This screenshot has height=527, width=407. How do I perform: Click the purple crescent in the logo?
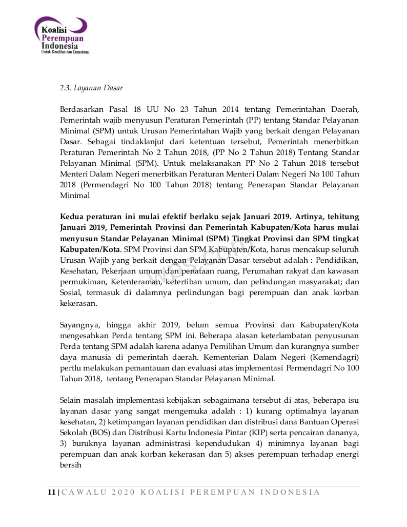(80, 24)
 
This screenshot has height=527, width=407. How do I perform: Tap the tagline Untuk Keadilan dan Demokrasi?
(65, 52)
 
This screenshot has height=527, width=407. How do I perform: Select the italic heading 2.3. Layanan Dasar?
(91, 88)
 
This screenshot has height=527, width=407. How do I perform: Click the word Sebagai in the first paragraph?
(97, 142)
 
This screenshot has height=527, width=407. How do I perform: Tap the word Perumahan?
(264, 271)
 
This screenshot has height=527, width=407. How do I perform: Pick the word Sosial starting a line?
(71, 292)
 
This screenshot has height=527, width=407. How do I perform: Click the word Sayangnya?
(81, 325)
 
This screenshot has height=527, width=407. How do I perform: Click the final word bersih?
(70, 465)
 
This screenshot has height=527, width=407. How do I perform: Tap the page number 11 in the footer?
(51, 492)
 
